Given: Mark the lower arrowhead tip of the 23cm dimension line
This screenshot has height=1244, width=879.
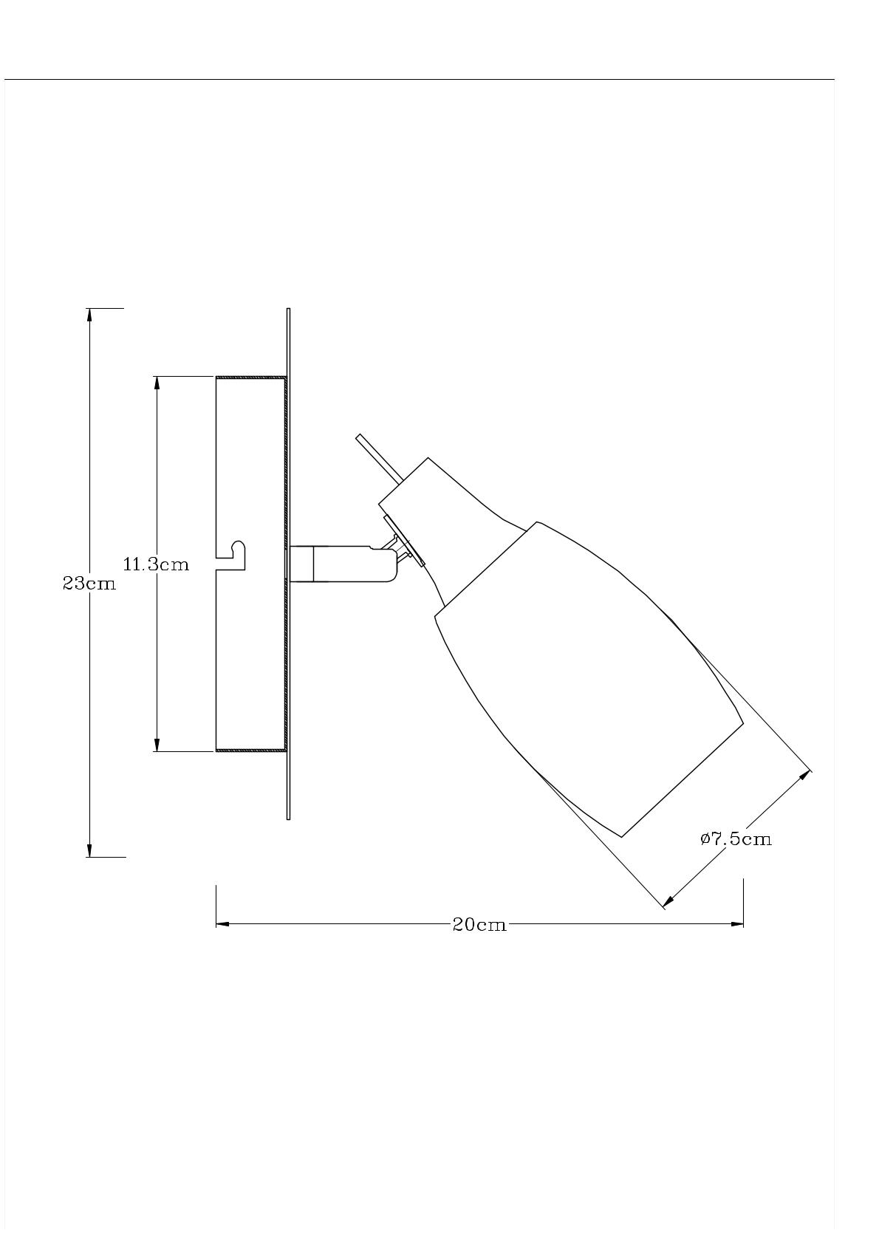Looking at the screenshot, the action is pyautogui.click(x=89, y=857).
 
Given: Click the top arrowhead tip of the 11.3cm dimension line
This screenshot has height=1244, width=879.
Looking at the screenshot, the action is pyautogui.click(x=157, y=377).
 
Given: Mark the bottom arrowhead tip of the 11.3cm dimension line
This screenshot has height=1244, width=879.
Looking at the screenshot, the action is pyautogui.click(x=157, y=751).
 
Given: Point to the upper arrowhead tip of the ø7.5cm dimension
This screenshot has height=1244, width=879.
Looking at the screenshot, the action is pyautogui.click(x=809, y=772).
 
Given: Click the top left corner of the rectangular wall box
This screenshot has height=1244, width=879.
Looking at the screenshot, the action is pyautogui.click(x=216, y=377).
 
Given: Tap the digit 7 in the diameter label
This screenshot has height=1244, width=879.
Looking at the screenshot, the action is pyautogui.click(x=716, y=838).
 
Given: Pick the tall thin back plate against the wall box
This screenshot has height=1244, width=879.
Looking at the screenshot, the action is pyautogui.click(x=288, y=564).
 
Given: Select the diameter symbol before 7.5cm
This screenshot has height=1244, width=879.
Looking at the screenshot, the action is pyautogui.click(x=705, y=838).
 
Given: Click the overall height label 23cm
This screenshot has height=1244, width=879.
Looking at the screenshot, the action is pyautogui.click(x=89, y=584).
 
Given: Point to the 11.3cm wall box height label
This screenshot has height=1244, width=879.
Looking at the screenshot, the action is pyautogui.click(x=156, y=564).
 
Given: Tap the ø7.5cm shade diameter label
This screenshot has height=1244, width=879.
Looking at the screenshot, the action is pyautogui.click(x=736, y=838).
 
